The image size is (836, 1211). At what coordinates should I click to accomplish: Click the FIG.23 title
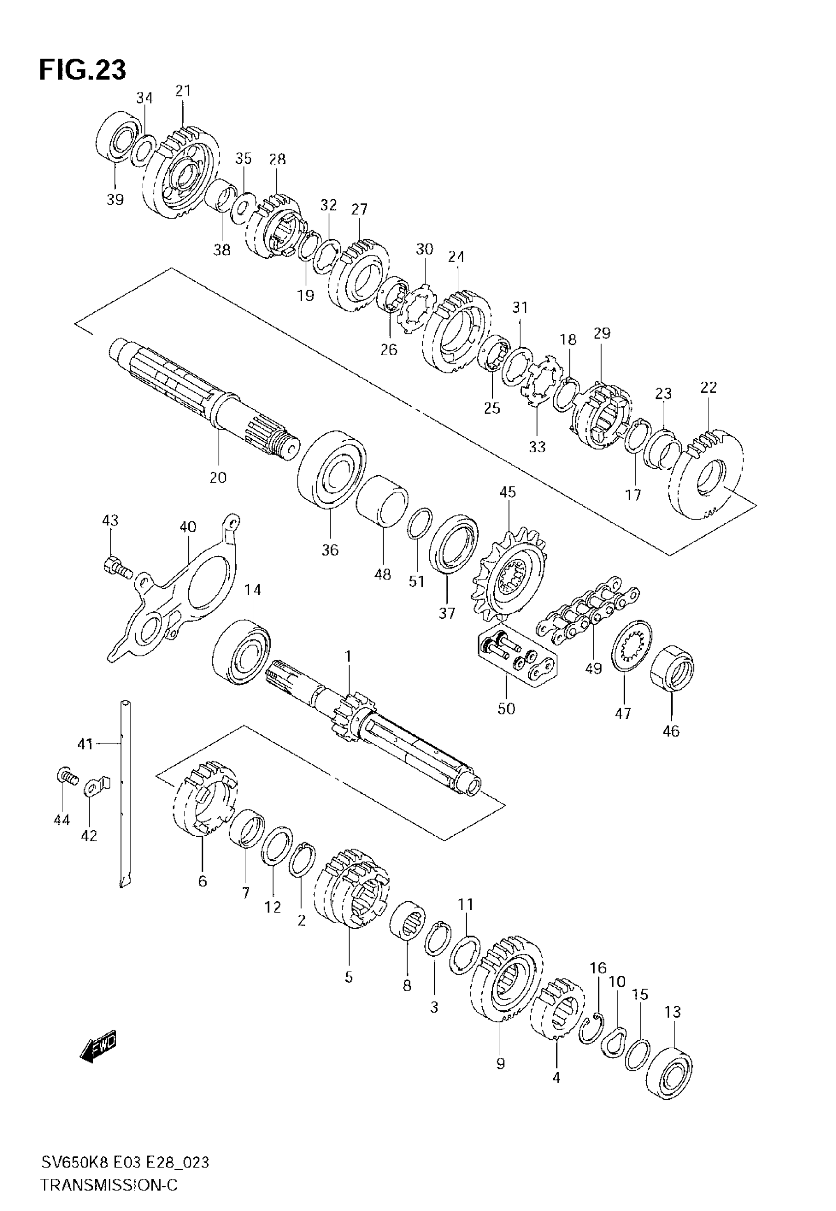click(x=83, y=70)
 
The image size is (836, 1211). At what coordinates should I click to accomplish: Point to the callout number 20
click(x=218, y=477)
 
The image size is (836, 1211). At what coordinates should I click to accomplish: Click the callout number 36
click(x=330, y=550)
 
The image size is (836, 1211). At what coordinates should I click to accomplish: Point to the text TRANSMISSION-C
click(x=109, y=1185)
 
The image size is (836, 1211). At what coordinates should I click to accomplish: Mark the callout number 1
click(x=348, y=656)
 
